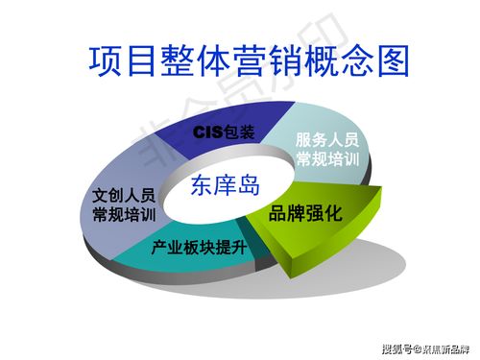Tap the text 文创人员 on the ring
point(123,195)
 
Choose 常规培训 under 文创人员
point(123,214)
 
